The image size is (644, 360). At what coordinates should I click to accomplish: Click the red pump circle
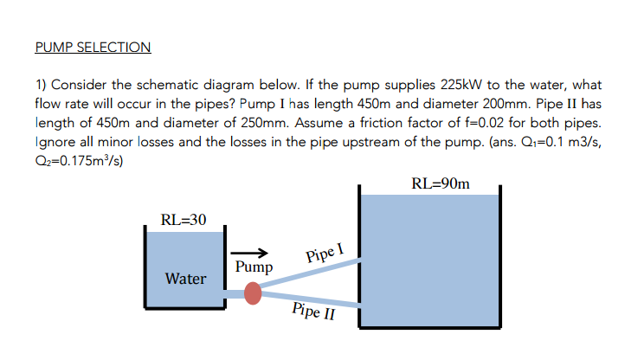pyautogui.click(x=253, y=294)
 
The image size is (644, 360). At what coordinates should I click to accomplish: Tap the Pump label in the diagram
pyautogui.click(x=254, y=267)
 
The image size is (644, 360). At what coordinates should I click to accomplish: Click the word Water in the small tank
pyautogui.click(x=186, y=279)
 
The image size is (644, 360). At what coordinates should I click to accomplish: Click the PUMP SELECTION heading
pyautogui.click(x=93, y=47)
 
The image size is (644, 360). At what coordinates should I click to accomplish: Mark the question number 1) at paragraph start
pyautogui.click(x=41, y=87)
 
